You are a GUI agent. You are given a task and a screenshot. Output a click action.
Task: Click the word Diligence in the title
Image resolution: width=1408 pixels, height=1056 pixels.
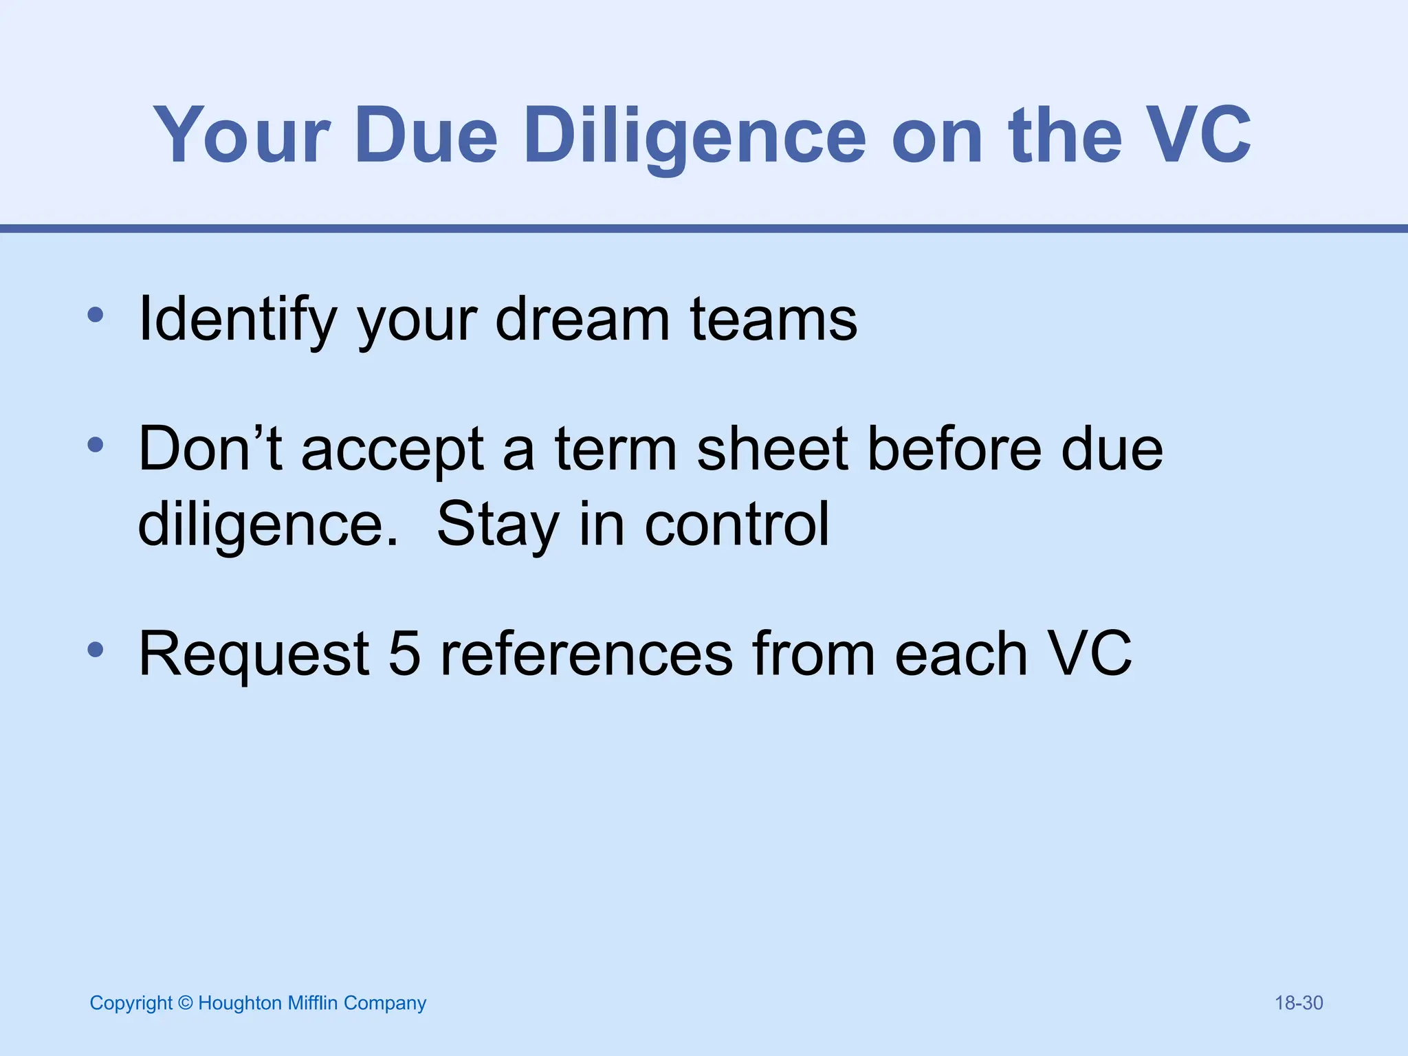tap(694, 136)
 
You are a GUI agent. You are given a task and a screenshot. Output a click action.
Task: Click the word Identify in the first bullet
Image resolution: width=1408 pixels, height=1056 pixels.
tap(238, 320)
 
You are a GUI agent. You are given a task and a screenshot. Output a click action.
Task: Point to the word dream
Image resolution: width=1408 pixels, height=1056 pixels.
tap(582, 320)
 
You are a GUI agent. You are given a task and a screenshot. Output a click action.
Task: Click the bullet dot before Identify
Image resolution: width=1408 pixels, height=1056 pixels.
tap(96, 316)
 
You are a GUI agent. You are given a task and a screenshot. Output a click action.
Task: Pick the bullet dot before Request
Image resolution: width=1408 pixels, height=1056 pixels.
tap(96, 650)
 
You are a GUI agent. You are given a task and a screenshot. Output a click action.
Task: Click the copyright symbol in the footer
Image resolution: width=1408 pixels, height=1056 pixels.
tap(185, 1003)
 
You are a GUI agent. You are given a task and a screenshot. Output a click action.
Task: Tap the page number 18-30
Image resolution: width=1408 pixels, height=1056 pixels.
tap(1299, 1003)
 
